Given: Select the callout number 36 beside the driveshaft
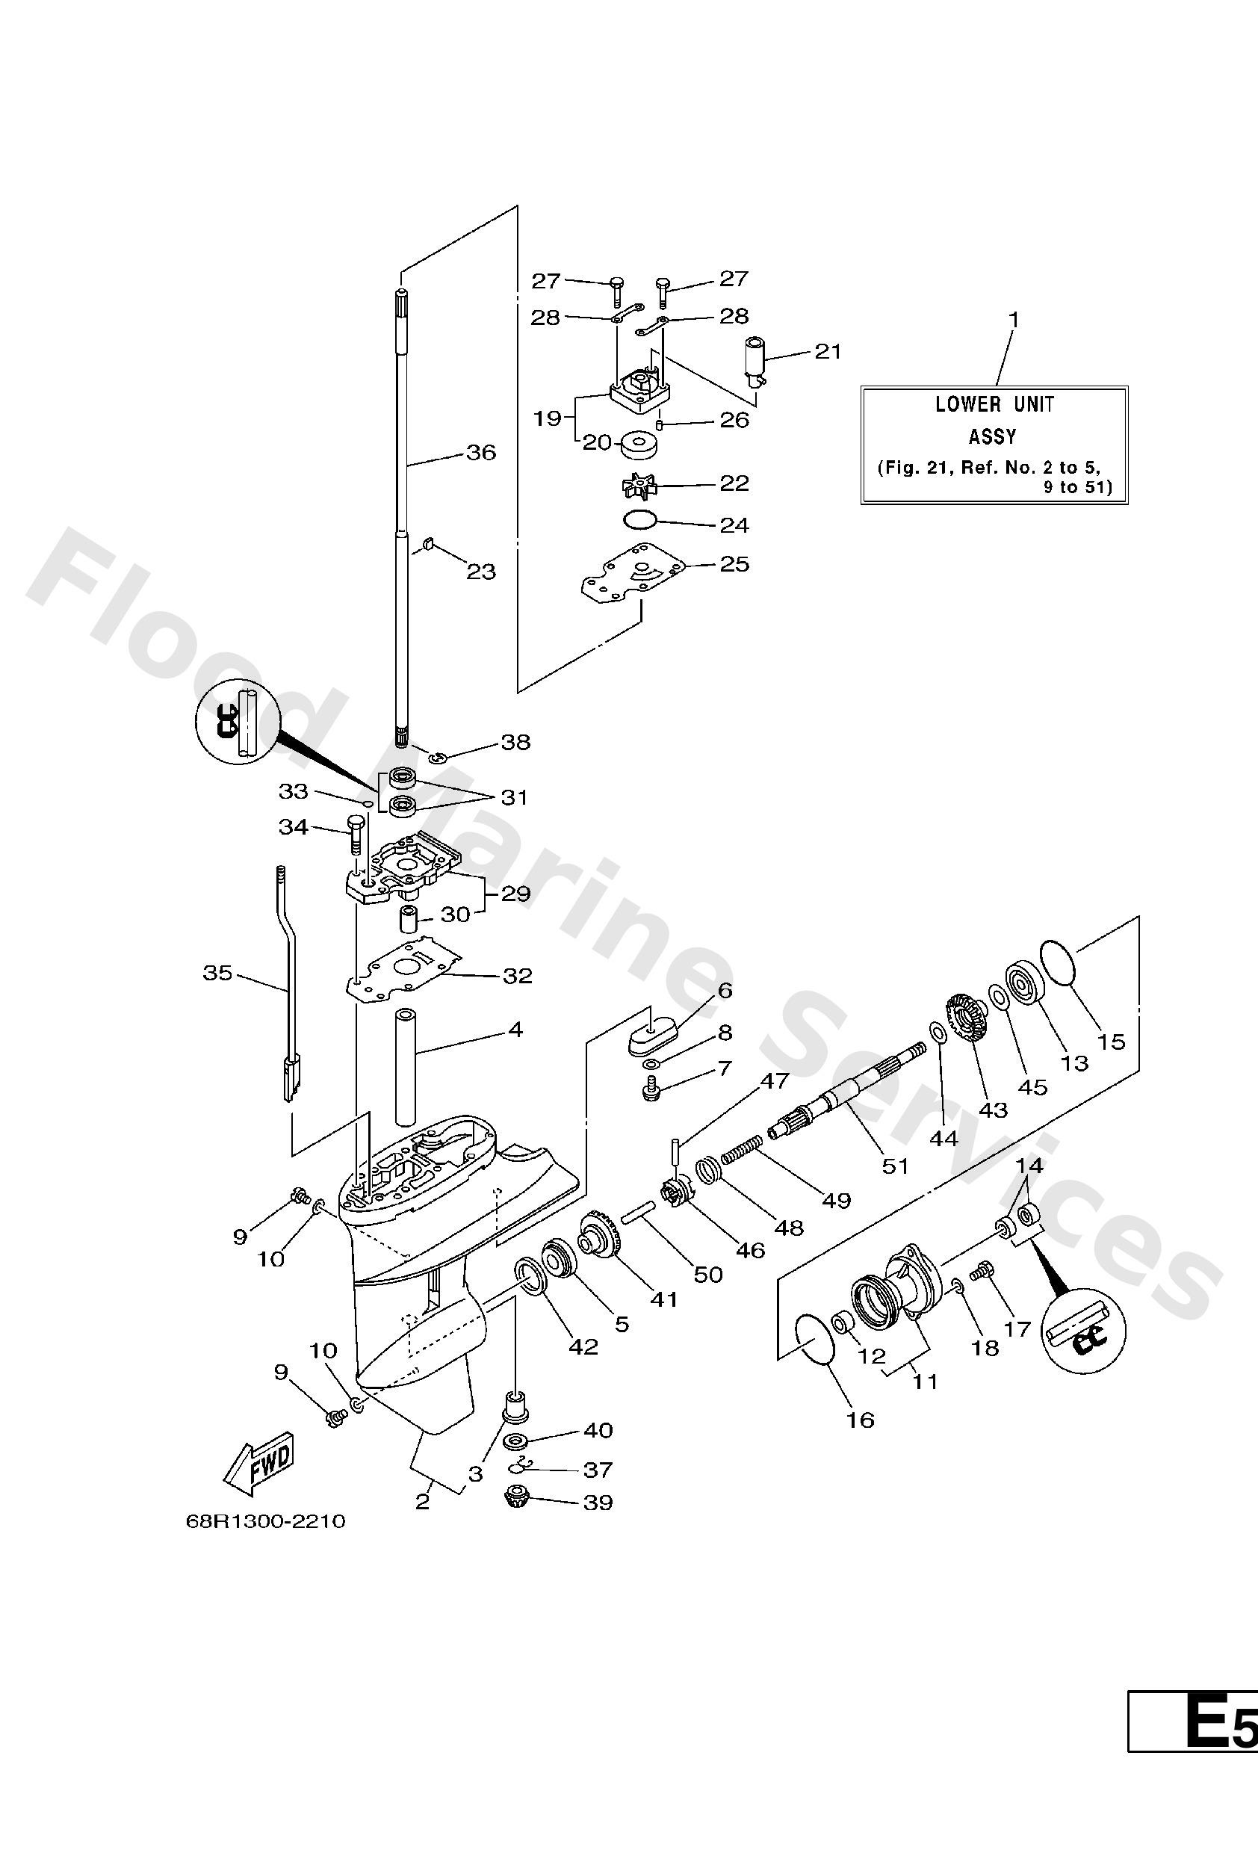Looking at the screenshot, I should click(481, 452).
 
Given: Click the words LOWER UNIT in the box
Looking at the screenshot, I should click(994, 404).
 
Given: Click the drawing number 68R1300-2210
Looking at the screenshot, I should click(265, 1521).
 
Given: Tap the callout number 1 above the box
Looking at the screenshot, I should click(1014, 319).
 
